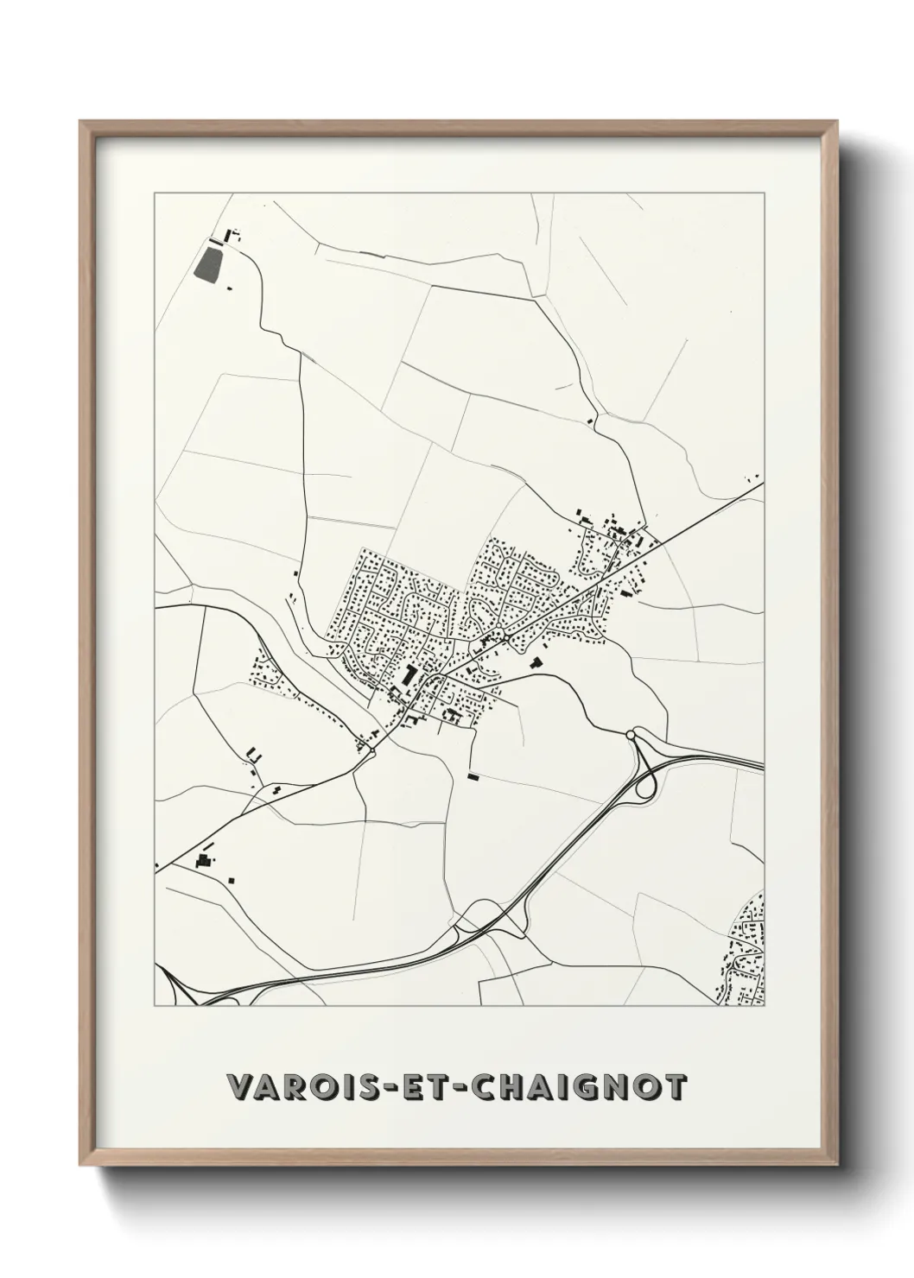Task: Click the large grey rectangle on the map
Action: pyautogui.click(x=207, y=263)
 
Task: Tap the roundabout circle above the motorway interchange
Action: pyautogui.click(x=631, y=734)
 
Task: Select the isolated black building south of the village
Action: pyautogui.click(x=473, y=776)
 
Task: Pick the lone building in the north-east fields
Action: pyautogui.click(x=590, y=421)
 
